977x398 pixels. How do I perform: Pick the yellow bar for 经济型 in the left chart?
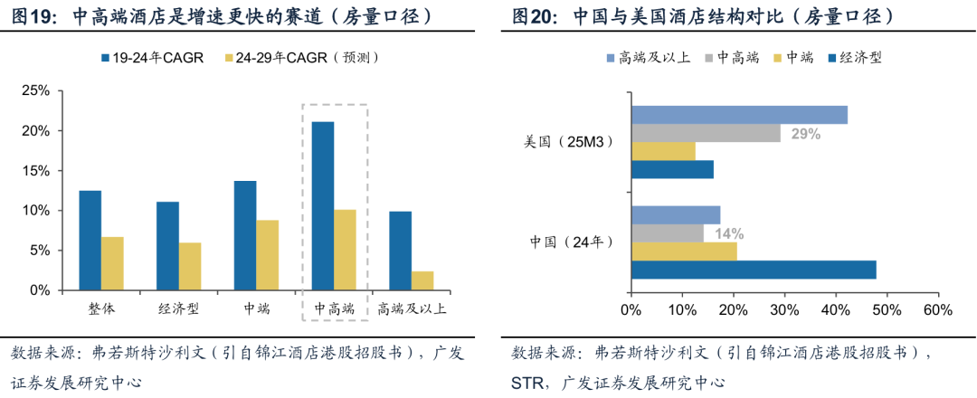pyautogui.click(x=190, y=266)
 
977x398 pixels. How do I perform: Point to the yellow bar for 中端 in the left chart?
pyautogui.click(x=267, y=255)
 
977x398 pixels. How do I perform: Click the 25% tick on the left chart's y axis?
pyautogui.click(x=35, y=91)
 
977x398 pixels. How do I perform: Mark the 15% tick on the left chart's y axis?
pyautogui.click(x=35, y=171)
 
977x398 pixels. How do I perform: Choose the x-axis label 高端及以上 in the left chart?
pyautogui.click(x=412, y=308)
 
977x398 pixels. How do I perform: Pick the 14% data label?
pyautogui.click(x=728, y=233)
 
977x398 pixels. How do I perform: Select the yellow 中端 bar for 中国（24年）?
pyautogui.click(x=684, y=251)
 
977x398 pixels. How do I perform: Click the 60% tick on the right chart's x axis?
pyautogui.click(x=938, y=309)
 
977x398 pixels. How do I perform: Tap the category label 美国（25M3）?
pyautogui.click(x=569, y=142)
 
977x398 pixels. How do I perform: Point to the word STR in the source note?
pyautogui.click(x=527, y=382)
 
